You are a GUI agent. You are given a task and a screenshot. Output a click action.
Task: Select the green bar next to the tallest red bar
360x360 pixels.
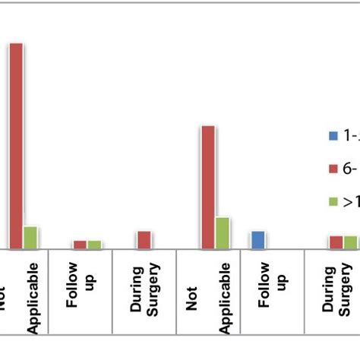pyautogui.click(x=30, y=237)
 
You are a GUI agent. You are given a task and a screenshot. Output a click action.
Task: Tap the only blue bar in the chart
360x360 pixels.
pyautogui.click(x=257, y=240)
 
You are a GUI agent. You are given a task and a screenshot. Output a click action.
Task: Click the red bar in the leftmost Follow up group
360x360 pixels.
pyautogui.click(x=80, y=244)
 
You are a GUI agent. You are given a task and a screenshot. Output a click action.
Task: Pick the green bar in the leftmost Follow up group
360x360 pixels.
pyautogui.click(x=94, y=244)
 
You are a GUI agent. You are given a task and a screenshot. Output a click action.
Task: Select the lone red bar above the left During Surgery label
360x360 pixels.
pyautogui.click(x=144, y=239)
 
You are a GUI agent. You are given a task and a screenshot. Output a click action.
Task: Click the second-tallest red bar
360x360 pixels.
pyautogui.click(x=207, y=187)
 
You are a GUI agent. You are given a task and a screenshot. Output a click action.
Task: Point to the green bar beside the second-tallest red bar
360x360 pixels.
pyautogui.click(x=222, y=232)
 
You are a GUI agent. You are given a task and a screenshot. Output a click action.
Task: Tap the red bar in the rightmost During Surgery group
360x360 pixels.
pyautogui.click(x=336, y=242)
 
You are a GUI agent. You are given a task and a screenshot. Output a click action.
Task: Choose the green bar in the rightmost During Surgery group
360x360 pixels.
pyautogui.click(x=350, y=242)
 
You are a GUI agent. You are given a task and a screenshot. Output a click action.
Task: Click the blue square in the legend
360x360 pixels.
pyautogui.click(x=333, y=136)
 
